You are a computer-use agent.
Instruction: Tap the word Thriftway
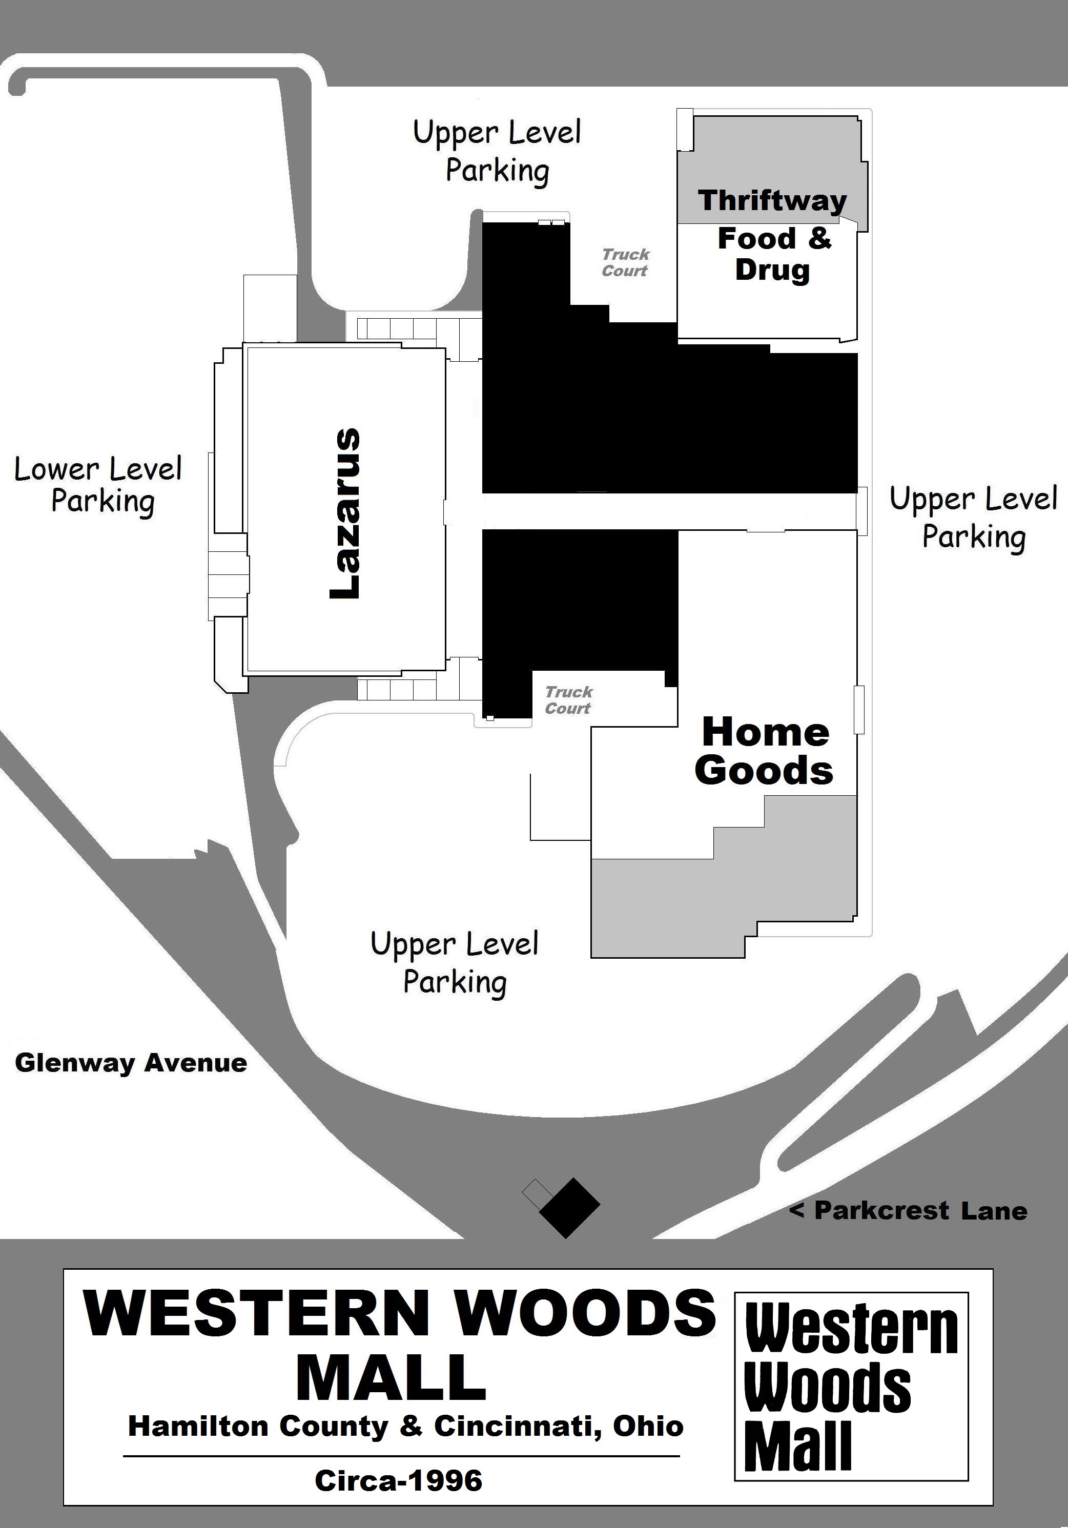click(772, 200)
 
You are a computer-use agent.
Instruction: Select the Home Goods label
click(765, 751)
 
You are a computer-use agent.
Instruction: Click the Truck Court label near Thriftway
click(625, 262)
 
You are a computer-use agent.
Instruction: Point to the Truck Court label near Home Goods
click(568, 700)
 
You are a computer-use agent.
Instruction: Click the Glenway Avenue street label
click(131, 1063)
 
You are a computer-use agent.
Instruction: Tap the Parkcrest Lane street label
click(908, 1210)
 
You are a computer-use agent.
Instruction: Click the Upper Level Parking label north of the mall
click(497, 151)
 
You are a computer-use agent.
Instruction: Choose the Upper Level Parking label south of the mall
click(455, 964)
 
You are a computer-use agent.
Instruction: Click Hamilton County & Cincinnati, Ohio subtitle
click(406, 1426)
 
